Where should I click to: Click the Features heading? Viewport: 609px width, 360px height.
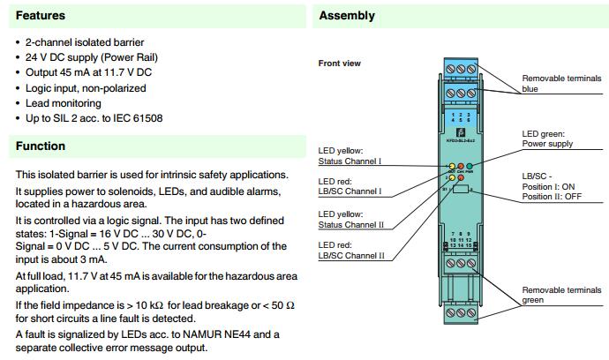pyautogui.click(x=40, y=16)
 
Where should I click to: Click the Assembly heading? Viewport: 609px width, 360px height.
pyautogui.click(x=347, y=16)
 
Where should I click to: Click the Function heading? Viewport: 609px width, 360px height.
pyautogui.click(x=41, y=146)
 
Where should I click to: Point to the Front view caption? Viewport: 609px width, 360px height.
pyautogui.click(x=340, y=64)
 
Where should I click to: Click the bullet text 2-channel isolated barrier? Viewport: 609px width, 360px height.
pyautogui.click(x=85, y=42)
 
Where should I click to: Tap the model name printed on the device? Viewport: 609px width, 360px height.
pyautogui.click(x=458, y=129)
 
